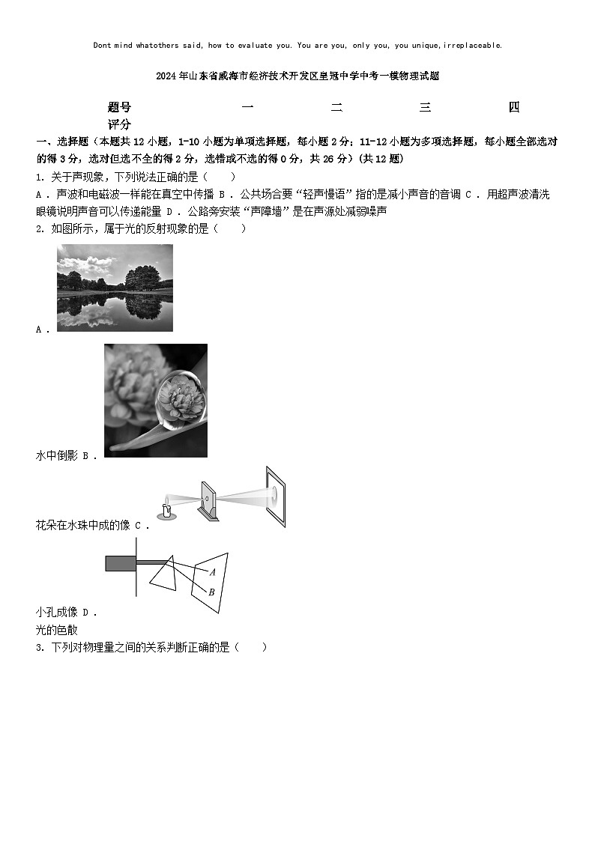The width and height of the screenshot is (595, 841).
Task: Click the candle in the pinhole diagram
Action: (x=167, y=511)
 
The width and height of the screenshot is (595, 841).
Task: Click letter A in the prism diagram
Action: (x=213, y=572)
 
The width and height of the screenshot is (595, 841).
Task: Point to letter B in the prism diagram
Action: (x=212, y=592)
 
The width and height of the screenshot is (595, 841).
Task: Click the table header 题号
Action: (x=119, y=108)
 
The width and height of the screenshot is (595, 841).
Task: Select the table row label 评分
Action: (x=119, y=124)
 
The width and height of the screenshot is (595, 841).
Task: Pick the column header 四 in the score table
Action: (x=514, y=108)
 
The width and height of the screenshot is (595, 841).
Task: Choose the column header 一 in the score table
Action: (x=247, y=108)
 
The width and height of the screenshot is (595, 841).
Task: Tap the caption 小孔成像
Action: (x=56, y=612)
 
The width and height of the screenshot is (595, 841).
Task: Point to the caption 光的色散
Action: (x=56, y=630)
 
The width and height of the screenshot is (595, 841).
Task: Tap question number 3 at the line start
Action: (x=39, y=648)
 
